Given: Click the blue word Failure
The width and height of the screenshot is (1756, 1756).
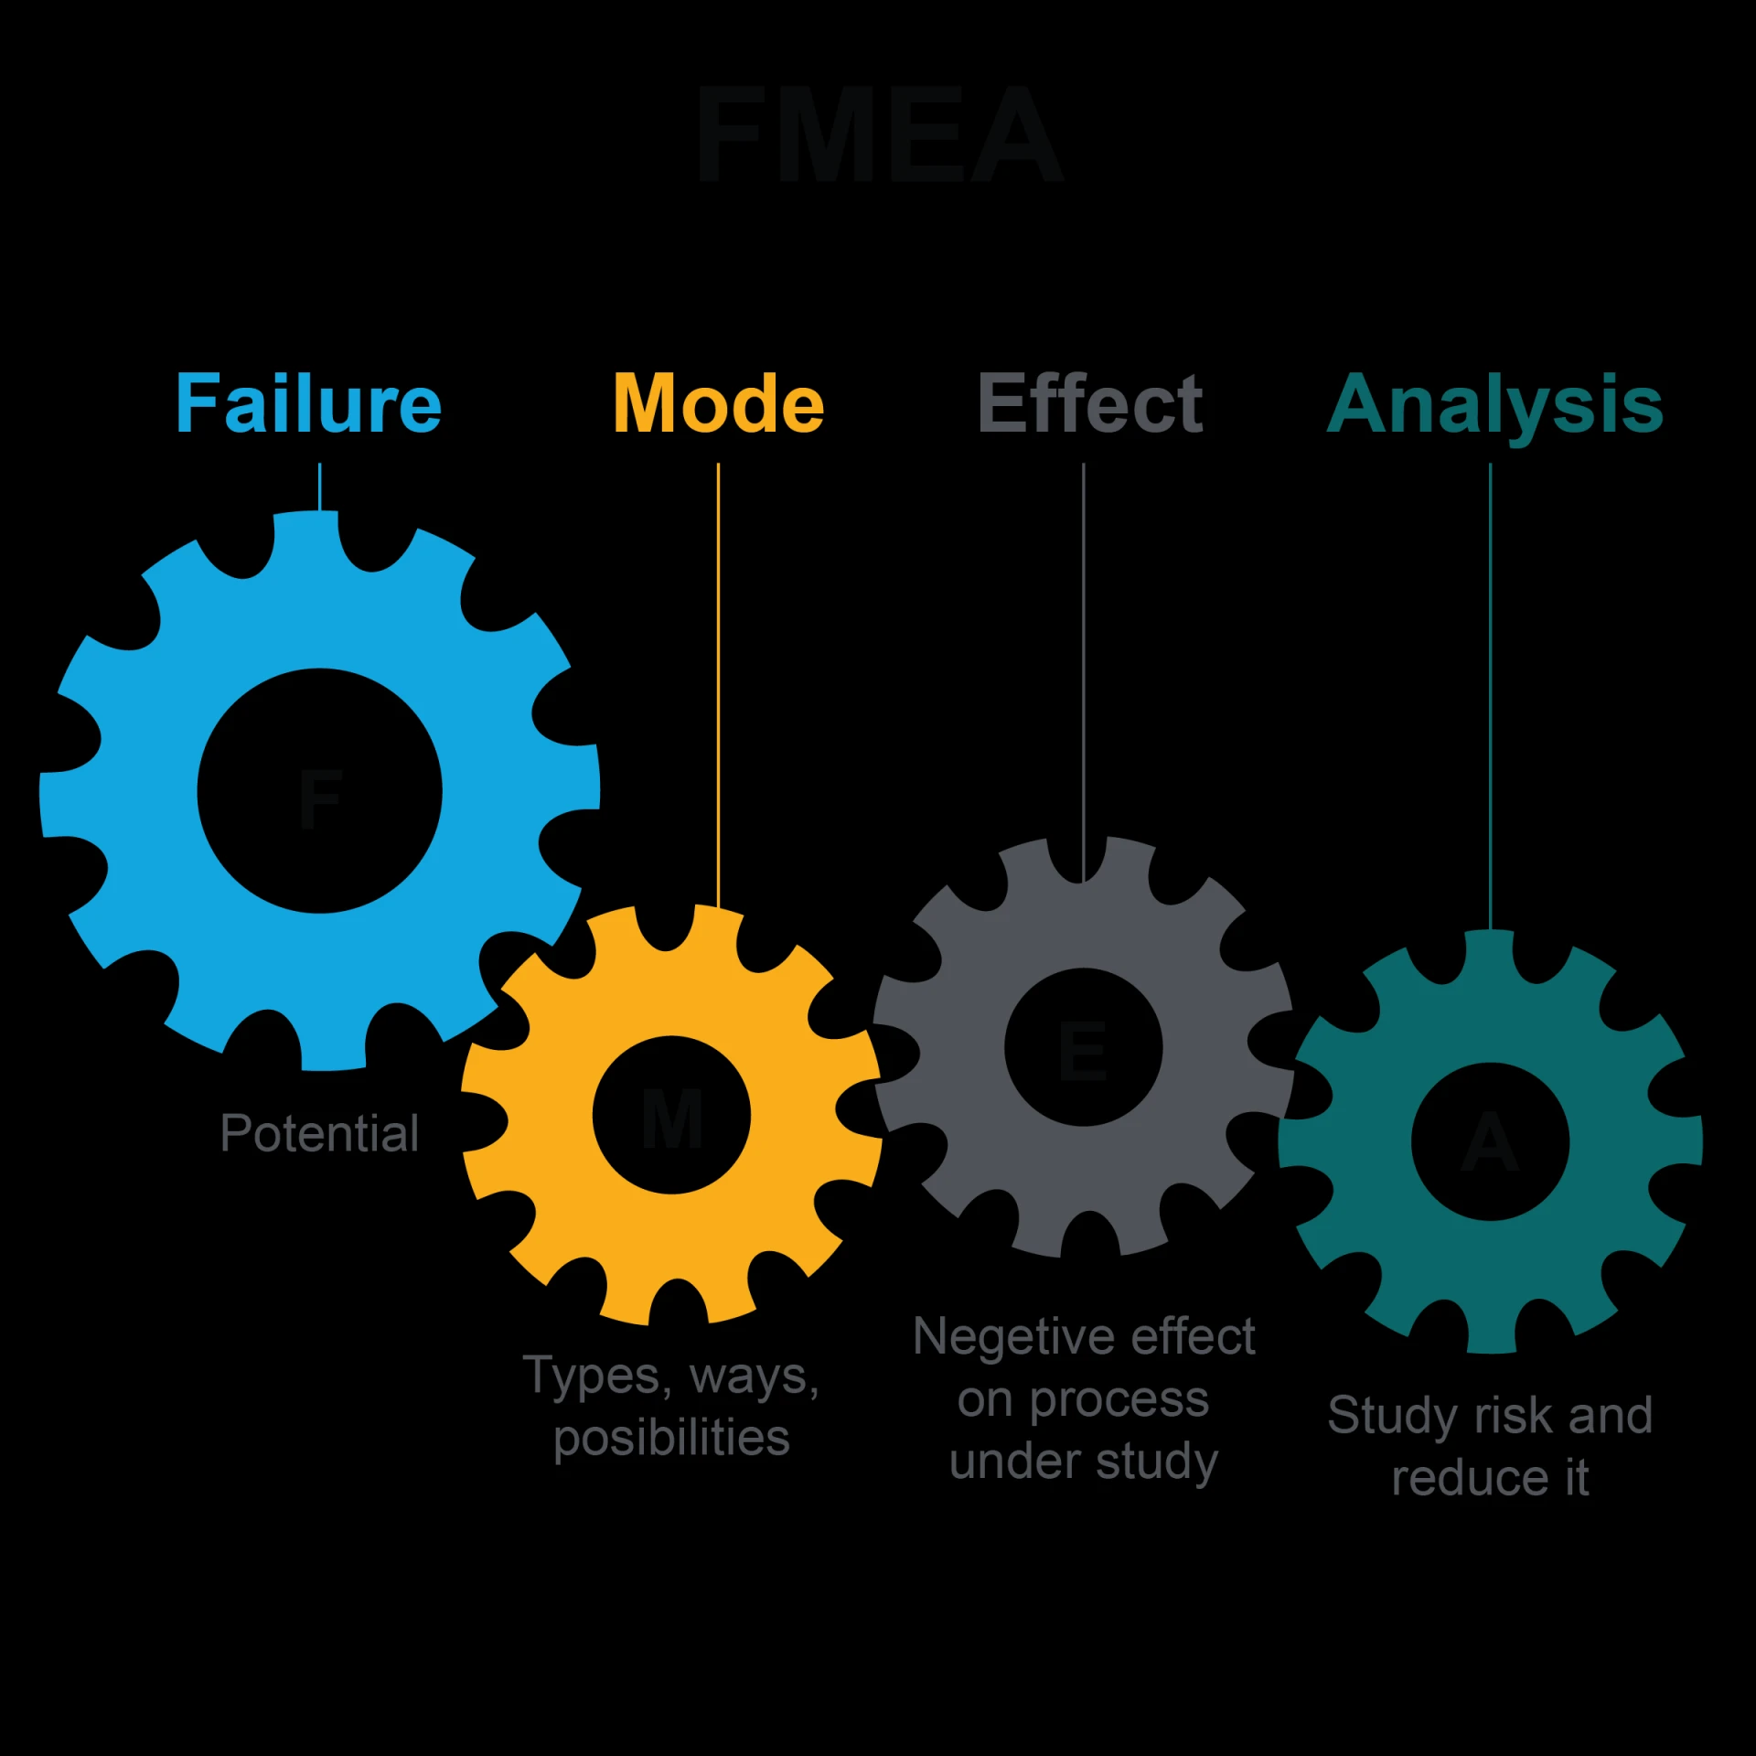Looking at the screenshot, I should pyautogui.click(x=308, y=404).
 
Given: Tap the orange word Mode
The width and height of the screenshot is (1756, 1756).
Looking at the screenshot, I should pyautogui.click(x=718, y=404).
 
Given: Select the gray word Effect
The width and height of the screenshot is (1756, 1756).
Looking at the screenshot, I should pyautogui.click(x=1089, y=404).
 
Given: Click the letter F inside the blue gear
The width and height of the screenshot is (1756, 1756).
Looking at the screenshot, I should pyautogui.click(x=320, y=798).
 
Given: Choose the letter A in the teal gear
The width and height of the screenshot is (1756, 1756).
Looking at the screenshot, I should pyautogui.click(x=1490, y=1142).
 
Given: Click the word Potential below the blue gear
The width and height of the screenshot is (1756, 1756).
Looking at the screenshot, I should pyautogui.click(x=319, y=1134).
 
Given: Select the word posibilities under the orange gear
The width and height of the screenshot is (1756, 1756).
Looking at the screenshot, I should pyautogui.click(x=671, y=1439).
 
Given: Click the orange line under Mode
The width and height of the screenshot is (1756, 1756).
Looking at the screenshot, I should pyautogui.click(x=718, y=686).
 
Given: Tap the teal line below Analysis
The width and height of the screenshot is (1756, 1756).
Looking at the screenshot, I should pyautogui.click(x=1490, y=695).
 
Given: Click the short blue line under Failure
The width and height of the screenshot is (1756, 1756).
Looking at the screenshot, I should pyautogui.click(x=319, y=486).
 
